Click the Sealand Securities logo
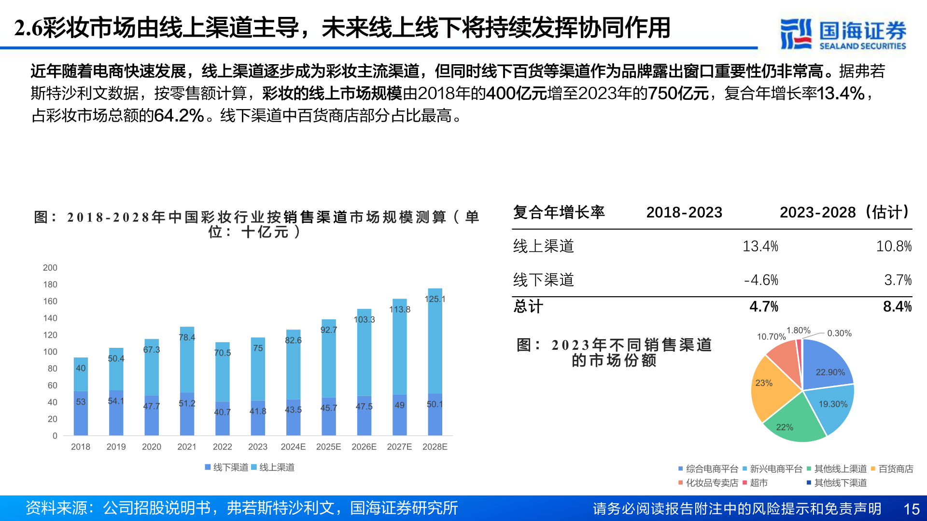843,34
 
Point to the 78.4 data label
187,337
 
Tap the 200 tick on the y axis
50,268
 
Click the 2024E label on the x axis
293,447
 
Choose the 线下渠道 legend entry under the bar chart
226,467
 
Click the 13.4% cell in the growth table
760,246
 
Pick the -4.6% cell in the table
761,280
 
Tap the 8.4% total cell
897,306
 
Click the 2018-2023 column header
684,212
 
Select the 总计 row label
528,306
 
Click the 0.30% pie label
839,333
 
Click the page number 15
911,509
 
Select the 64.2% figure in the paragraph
179,116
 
